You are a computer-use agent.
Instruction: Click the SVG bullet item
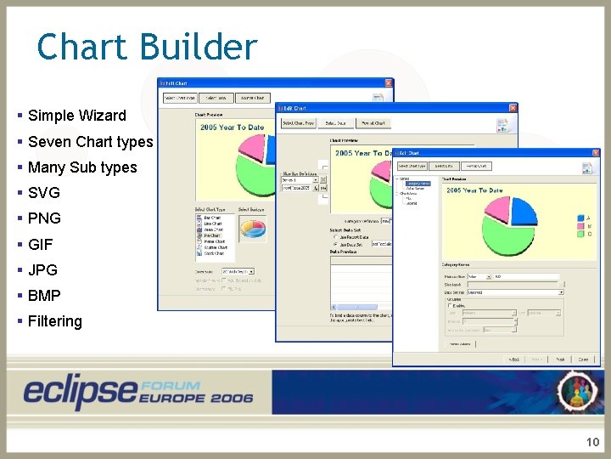(x=44, y=193)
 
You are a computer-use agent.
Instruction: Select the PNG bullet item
(x=44, y=218)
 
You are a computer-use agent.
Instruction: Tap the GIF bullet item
(x=41, y=245)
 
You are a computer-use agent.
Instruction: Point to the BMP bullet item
(x=44, y=296)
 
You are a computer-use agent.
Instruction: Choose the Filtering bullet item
(x=54, y=321)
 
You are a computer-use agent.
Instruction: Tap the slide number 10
(x=592, y=442)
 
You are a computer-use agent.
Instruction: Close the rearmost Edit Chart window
(x=389, y=83)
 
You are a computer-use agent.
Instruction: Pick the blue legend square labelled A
(x=580, y=218)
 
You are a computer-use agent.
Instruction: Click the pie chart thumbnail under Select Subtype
(x=252, y=226)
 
